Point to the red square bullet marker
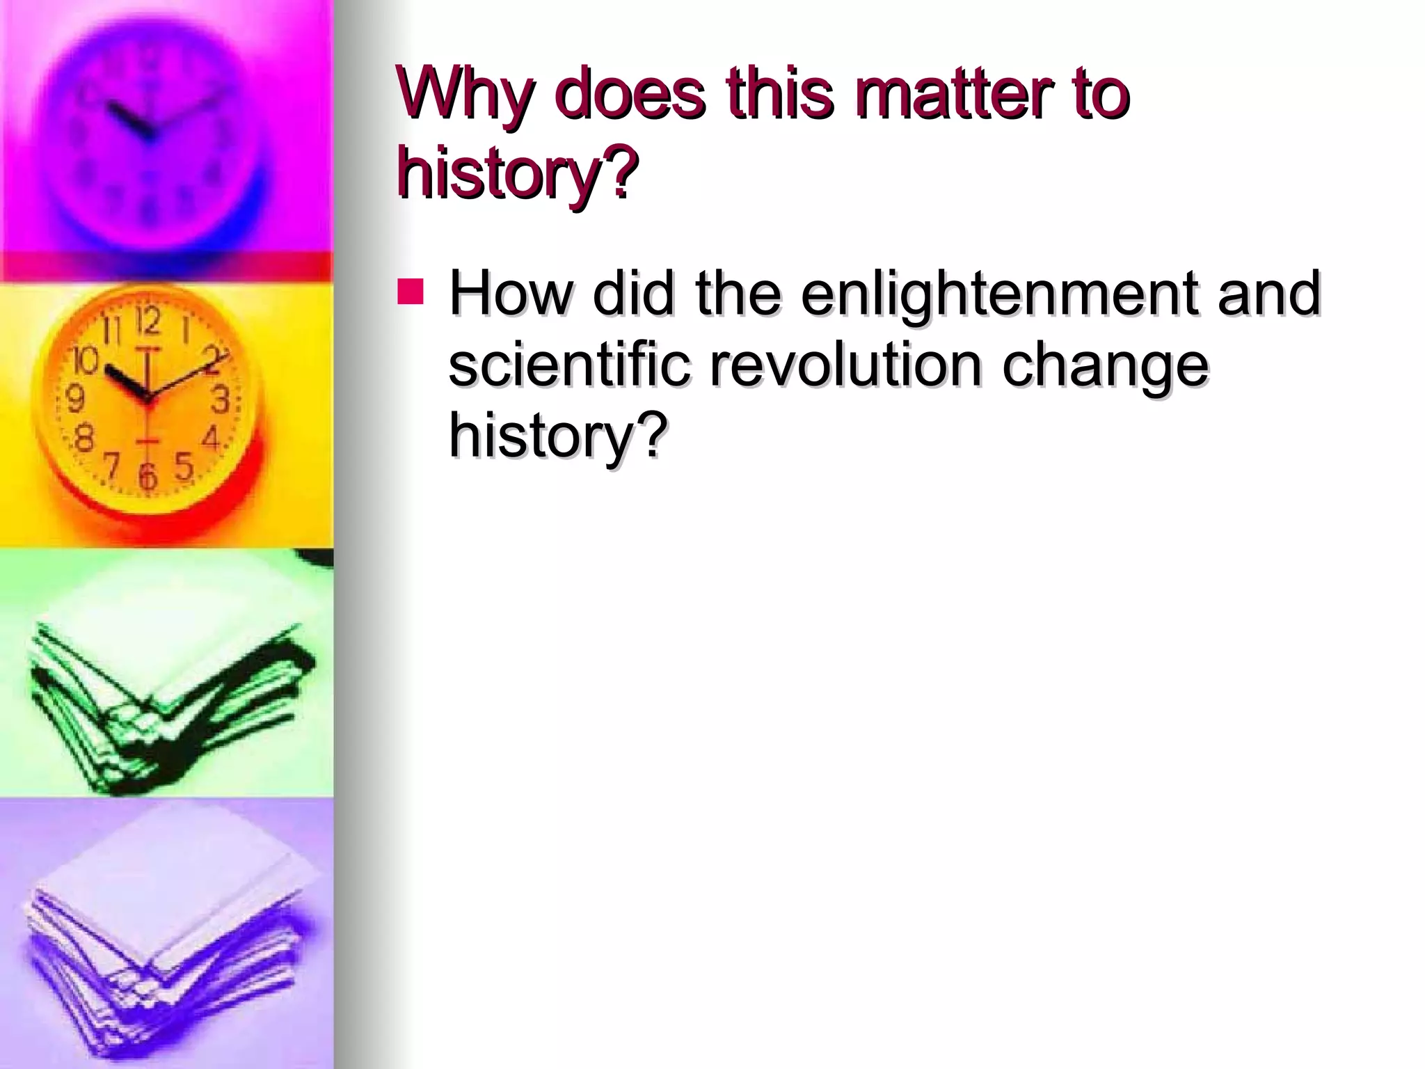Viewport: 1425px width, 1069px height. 410,292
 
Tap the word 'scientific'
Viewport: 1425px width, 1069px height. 570,365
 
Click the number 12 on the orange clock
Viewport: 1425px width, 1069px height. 148,321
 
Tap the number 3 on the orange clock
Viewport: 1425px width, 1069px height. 221,399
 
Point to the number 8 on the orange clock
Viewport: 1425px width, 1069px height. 83,439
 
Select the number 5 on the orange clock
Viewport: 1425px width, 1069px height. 184,465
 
